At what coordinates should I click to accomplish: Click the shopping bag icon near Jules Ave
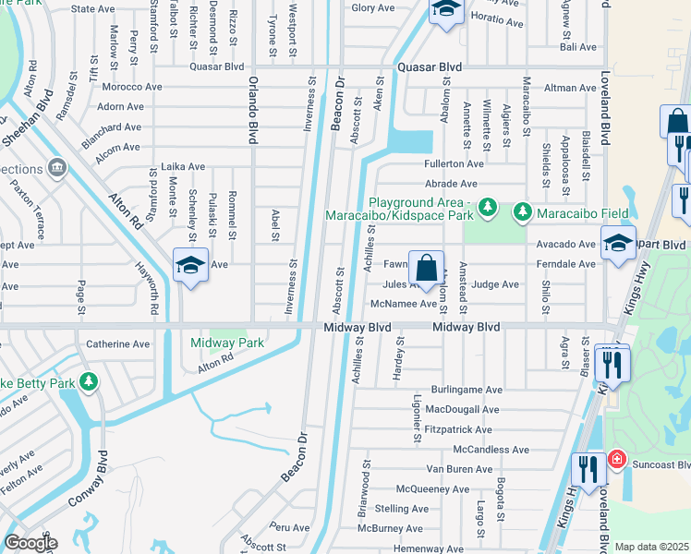click(x=425, y=269)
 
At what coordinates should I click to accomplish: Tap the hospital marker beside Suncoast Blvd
click(x=615, y=459)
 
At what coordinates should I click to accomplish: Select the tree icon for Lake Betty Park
click(x=89, y=381)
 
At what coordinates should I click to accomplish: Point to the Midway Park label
click(x=227, y=343)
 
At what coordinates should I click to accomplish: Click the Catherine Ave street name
click(x=117, y=344)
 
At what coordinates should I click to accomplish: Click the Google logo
click(x=30, y=543)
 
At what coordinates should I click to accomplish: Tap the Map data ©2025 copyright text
click(x=651, y=547)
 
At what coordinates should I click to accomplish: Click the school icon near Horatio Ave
click(x=446, y=10)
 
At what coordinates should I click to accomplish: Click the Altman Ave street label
click(x=571, y=88)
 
